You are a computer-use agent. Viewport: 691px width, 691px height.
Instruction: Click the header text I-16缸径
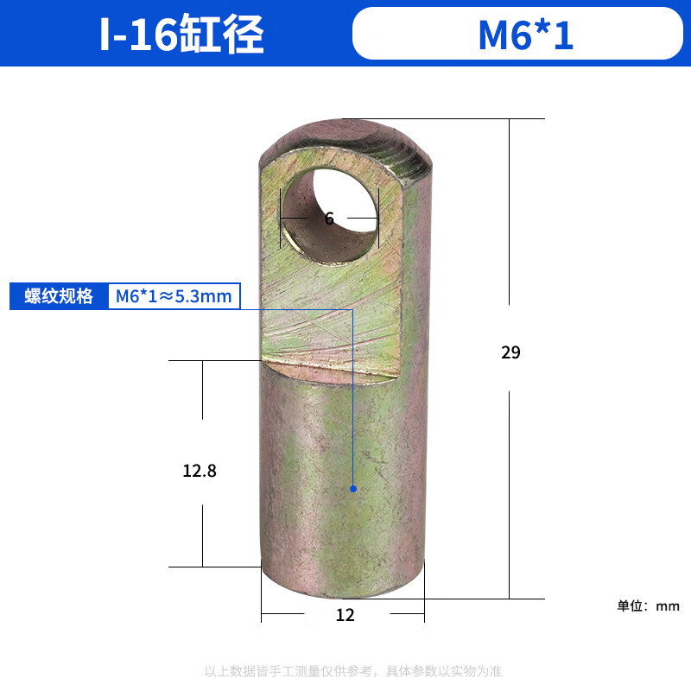[181, 35]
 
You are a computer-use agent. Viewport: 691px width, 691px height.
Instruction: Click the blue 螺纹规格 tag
[58, 296]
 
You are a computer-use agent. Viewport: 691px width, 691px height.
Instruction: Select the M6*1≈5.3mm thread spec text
[174, 296]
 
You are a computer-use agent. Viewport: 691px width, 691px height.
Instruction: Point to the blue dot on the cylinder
[353, 489]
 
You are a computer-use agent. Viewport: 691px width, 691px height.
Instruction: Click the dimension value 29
[510, 352]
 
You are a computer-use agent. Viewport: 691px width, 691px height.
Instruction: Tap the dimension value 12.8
[200, 472]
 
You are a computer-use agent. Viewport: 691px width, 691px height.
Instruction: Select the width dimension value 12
[345, 615]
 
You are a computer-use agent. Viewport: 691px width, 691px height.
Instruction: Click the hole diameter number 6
[329, 219]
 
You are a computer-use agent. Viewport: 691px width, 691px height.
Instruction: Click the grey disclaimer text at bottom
[352, 670]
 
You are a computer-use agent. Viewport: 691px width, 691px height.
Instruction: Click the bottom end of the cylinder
[344, 587]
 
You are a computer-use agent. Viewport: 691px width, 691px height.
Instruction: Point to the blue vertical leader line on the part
[353, 397]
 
